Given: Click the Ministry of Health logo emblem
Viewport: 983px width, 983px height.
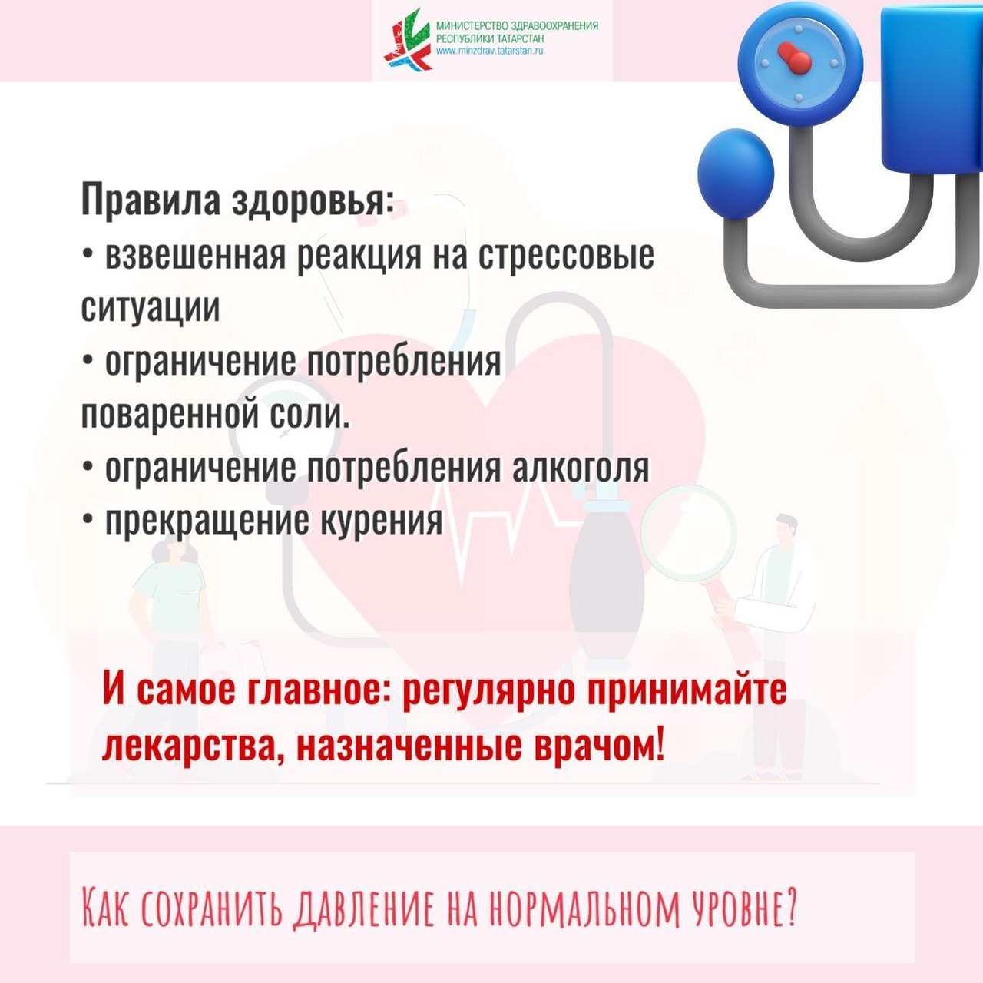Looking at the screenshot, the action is click(409, 39).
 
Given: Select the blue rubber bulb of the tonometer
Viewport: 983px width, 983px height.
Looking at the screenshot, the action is click(735, 174).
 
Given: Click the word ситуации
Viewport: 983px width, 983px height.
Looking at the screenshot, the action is click(151, 308).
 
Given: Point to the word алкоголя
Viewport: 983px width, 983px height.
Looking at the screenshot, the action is click(581, 468).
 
